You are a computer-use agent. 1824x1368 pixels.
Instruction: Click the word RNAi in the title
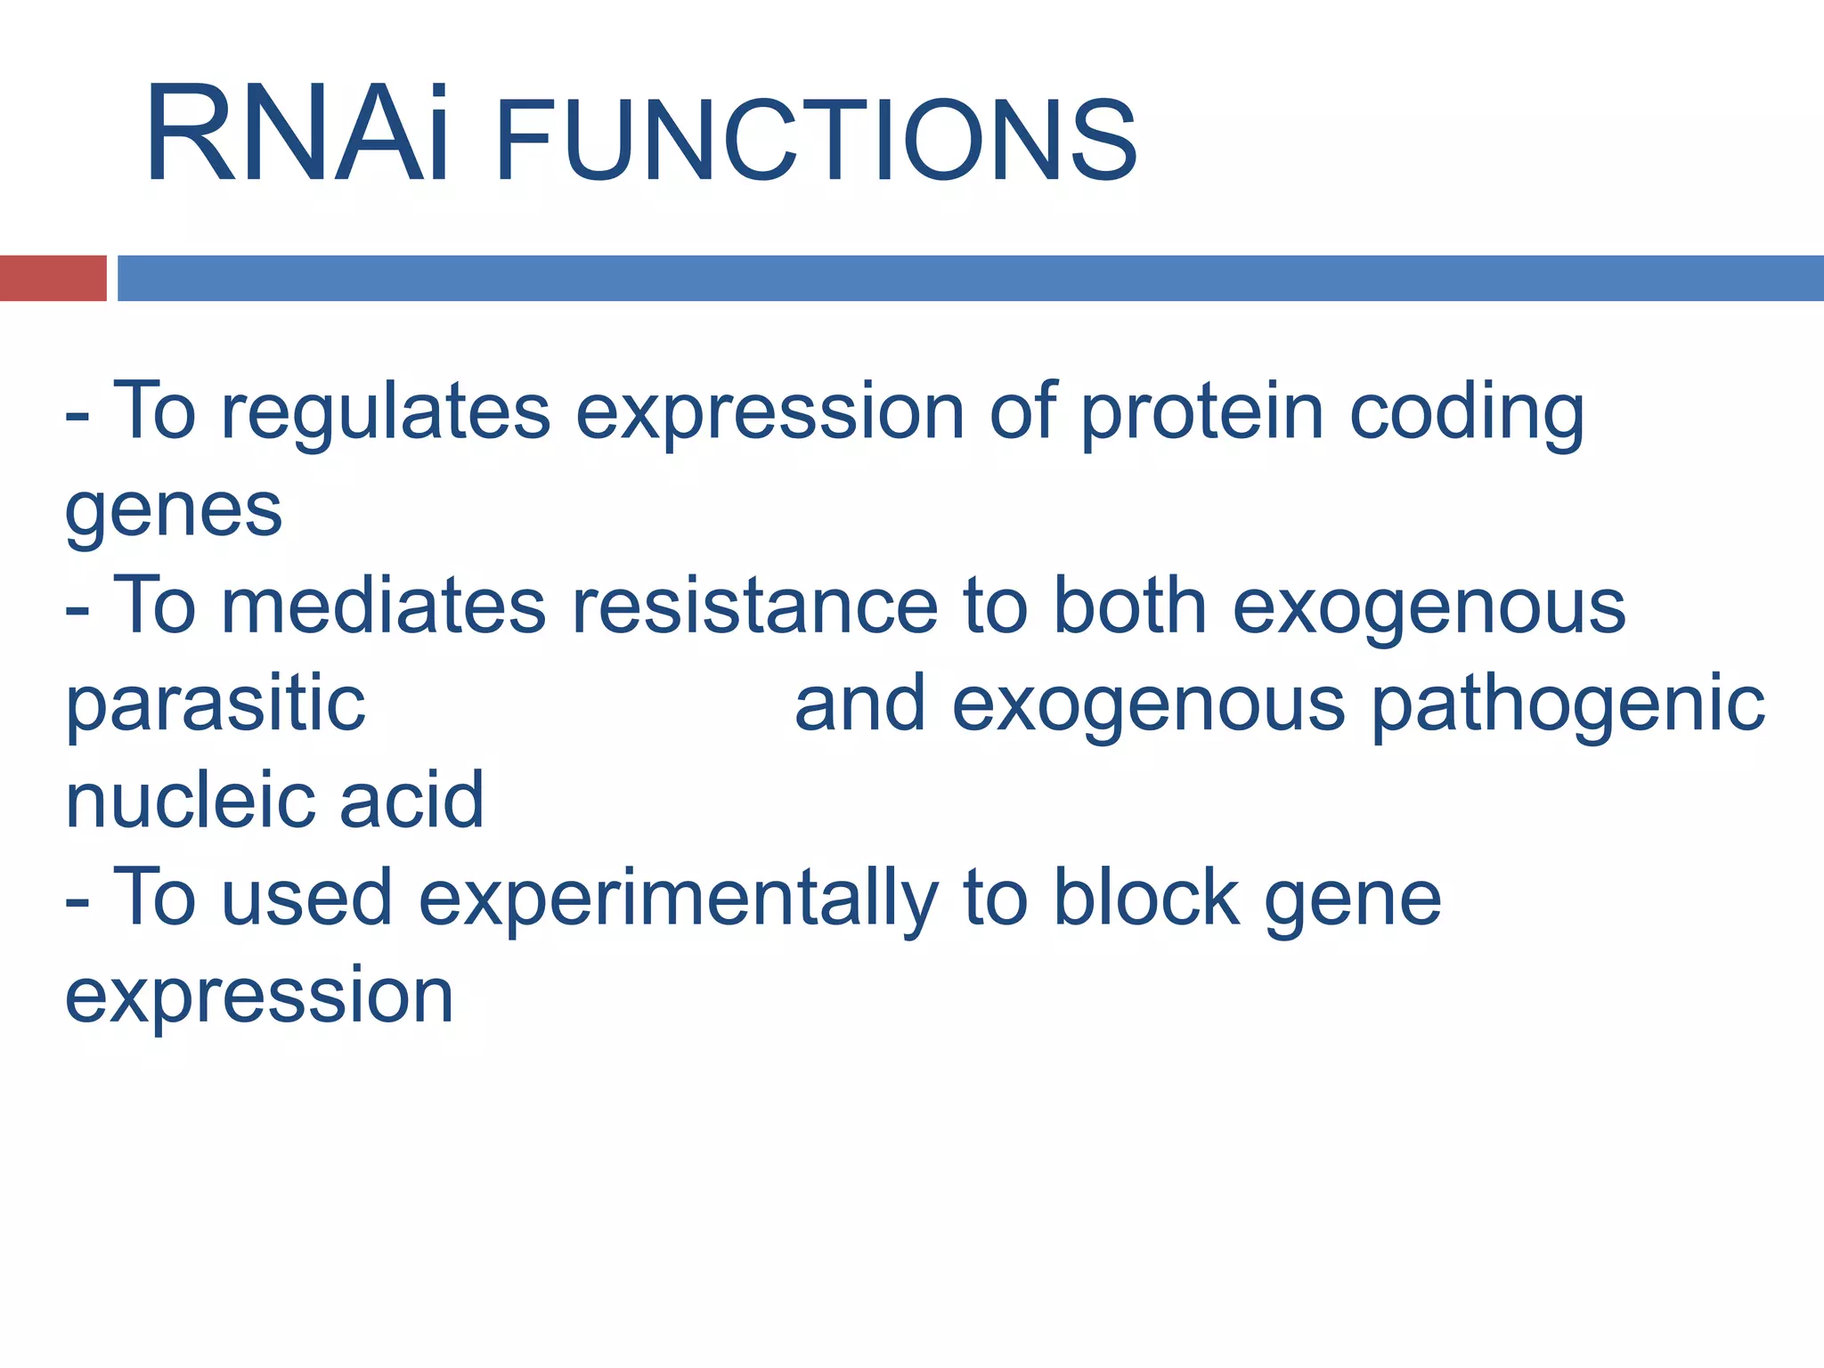(297, 134)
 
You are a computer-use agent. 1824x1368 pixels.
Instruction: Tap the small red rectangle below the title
(53, 278)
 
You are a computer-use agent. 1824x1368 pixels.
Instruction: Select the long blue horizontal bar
(969, 278)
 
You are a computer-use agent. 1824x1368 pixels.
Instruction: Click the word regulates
(386, 413)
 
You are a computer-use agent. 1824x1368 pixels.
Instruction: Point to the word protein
(1202, 413)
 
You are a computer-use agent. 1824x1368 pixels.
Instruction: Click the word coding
(1467, 413)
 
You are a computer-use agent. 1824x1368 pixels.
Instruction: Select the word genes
(174, 511)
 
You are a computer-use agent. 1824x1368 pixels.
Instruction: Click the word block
(1147, 898)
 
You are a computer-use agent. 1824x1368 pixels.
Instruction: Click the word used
(306, 898)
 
